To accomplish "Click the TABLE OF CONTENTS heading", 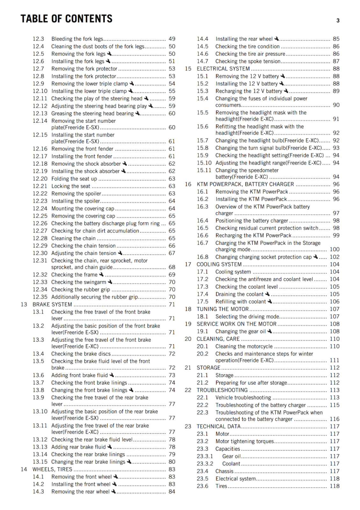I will pos(66,19).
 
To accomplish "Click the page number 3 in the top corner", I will pos(338,21).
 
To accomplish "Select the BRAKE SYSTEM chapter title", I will pos(52,304).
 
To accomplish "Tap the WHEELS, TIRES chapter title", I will pos(52,469).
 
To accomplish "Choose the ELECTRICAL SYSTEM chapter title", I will pos(223,69).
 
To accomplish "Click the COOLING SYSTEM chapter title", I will pos(219,264).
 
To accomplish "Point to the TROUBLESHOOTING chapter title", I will pos(222,390).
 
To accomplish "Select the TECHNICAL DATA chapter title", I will pos(219,426).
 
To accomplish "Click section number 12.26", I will pos(40,223).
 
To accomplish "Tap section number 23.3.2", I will pos(205,464).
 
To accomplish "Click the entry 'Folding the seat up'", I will pos(74,179).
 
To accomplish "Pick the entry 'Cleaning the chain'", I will pos(73,238).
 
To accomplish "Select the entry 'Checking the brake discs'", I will pos(81,354).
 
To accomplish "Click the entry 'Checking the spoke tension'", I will pos(248,61).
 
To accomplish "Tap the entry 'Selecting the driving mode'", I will pos(247,317).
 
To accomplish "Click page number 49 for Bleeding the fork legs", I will pos(172,39).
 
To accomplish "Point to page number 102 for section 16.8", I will pos(334,257).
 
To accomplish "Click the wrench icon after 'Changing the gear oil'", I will pos(270,331).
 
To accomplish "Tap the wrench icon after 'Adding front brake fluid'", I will pos(112,375).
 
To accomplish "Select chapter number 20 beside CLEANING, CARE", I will pos(188,339).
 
